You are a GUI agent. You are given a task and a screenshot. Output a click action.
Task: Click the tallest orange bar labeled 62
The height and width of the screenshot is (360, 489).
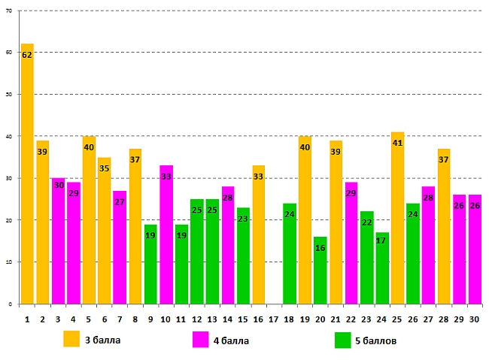(x=27, y=174)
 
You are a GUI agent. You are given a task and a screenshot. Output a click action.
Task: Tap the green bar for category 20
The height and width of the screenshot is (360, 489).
(x=320, y=271)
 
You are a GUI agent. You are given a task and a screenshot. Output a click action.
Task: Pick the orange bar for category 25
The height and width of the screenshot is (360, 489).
(x=397, y=218)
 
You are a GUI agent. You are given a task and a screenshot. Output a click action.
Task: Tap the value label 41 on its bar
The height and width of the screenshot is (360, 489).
(x=397, y=143)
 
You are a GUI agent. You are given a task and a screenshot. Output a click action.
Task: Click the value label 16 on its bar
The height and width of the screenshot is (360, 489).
(x=320, y=248)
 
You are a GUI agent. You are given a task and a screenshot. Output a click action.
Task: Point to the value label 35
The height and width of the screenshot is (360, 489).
(x=105, y=168)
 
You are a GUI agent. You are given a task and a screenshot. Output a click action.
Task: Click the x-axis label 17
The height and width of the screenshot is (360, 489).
(x=274, y=319)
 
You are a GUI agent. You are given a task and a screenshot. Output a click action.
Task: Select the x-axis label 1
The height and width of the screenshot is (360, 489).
(x=27, y=319)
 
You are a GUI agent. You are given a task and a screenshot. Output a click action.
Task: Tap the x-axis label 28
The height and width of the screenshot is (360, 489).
(x=444, y=319)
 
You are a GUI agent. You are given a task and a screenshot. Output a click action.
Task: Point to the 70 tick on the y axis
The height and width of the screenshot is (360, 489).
(x=9, y=11)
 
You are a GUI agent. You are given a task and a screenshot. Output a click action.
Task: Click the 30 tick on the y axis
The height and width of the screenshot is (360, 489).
(x=9, y=178)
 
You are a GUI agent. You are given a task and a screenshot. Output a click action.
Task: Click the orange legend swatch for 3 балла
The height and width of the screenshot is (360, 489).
(x=71, y=340)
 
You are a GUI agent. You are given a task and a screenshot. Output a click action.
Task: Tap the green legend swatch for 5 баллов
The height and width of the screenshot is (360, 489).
(x=342, y=340)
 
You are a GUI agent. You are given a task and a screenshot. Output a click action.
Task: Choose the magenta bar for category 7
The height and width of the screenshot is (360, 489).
(x=120, y=247)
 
